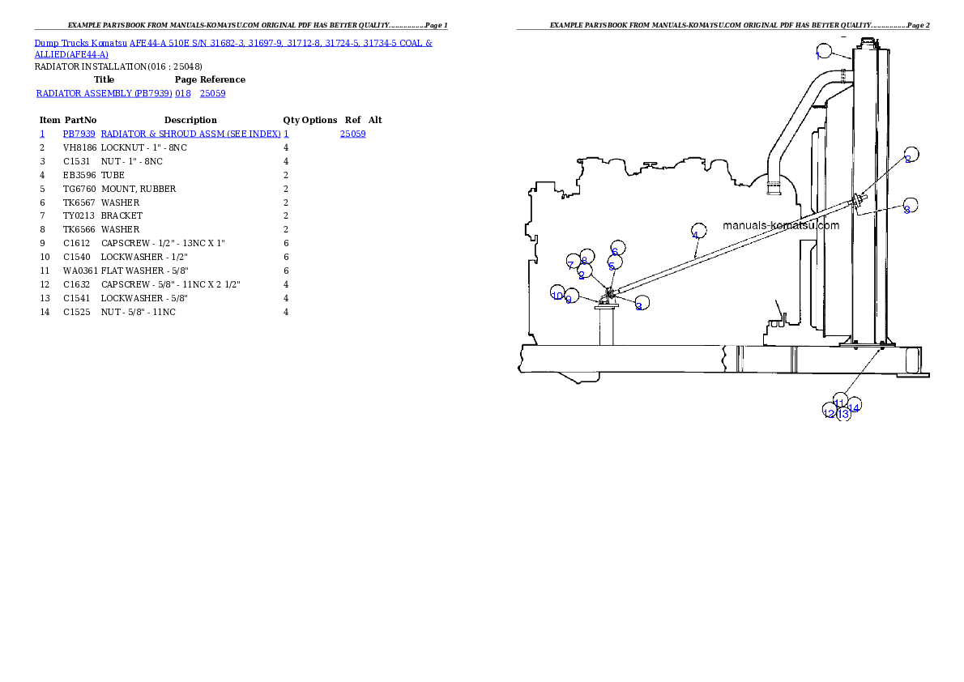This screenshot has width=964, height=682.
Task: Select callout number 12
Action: tap(829, 412)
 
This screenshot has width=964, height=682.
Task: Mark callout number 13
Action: tap(843, 414)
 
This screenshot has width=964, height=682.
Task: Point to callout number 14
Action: tap(854, 407)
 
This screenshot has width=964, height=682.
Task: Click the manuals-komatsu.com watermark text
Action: tap(780, 226)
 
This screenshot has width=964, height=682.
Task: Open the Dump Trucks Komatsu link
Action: tap(81, 42)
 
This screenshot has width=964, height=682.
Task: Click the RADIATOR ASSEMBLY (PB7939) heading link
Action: tap(103, 94)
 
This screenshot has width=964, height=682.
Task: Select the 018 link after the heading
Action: tap(182, 94)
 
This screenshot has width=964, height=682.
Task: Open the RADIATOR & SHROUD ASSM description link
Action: tap(190, 134)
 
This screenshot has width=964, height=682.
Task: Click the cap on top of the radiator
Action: tap(865, 40)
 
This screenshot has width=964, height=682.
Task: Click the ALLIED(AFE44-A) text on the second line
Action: tap(71, 55)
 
